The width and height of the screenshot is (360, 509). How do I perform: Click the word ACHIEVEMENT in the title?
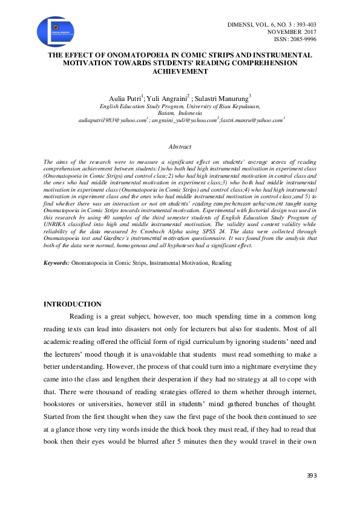coord(180,71)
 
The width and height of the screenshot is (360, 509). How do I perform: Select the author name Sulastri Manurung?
coord(223,97)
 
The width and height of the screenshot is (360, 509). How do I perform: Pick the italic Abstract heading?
coord(180,147)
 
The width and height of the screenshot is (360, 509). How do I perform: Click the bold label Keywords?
coord(56,264)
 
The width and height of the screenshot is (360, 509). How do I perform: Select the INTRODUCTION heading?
coord(73,304)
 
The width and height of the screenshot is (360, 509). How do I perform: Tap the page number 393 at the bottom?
coord(311,477)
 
